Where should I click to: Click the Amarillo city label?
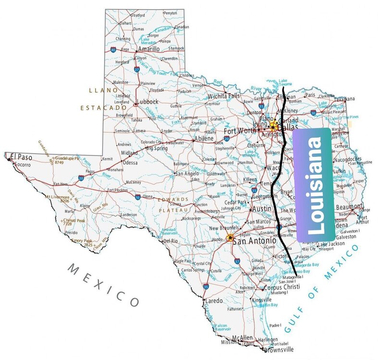(x=148, y=49)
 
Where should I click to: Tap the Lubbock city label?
(x=147, y=102)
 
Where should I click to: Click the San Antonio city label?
(x=254, y=241)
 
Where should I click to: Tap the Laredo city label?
(x=214, y=301)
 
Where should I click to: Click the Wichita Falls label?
(x=224, y=96)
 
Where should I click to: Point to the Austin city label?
(x=262, y=209)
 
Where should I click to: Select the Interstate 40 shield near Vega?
(x=113, y=49)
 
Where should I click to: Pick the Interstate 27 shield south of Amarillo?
(x=136, y=69)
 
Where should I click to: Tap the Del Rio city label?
(x=171, y=241)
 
